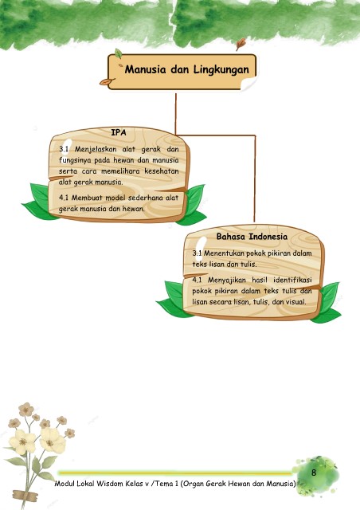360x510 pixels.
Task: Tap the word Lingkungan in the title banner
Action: pyautogui.click(x=221, y=70)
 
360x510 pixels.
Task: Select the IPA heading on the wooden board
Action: pyautogui.click(x=119, y=133)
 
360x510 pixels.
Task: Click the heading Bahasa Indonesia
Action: pyautogui.click(x=252, y=237)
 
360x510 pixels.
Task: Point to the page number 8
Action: pyautogui.click(x=314, y=473)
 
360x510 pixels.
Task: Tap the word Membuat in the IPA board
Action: pyautogui.click(x=87, y=198)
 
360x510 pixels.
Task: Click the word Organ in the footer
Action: pyautogui.click(x=191, y=484)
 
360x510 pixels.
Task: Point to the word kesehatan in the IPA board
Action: pyautogui.click(x=162, y=171)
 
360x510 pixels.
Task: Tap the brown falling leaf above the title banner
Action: pyautogui.click(x=241, y=44)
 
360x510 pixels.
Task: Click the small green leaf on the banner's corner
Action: pyautogui.click(x=119, y=53)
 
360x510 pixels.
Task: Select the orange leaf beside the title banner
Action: pyautogui.click(x=107, y=81)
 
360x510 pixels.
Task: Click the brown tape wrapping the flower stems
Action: pyautogui.click(x=25, y=495)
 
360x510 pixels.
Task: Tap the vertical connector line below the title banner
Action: pyautogui.click(x=175, y=114)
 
